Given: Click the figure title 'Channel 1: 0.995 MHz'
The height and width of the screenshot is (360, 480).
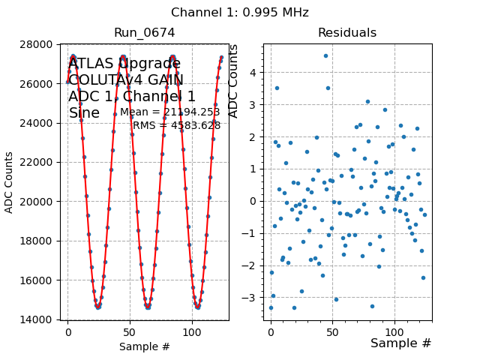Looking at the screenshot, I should coord(240,13).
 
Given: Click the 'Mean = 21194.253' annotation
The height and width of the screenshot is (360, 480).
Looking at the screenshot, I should coord(170,112).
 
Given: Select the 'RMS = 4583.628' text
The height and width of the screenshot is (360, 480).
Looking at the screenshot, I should coord(177,125).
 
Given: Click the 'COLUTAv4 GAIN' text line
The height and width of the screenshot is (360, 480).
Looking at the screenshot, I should coord(126,80).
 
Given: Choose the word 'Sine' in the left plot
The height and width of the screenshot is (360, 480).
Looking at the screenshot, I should coord(84,113).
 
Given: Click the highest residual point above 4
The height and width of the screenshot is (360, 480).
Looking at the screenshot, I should coord(325,55).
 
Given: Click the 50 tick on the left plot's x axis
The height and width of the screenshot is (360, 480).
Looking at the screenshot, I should coord(130,331).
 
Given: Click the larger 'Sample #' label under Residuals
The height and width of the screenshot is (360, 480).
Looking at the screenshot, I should coord(401,343).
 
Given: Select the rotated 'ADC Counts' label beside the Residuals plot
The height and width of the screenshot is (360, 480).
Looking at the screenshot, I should coord(233,81).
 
